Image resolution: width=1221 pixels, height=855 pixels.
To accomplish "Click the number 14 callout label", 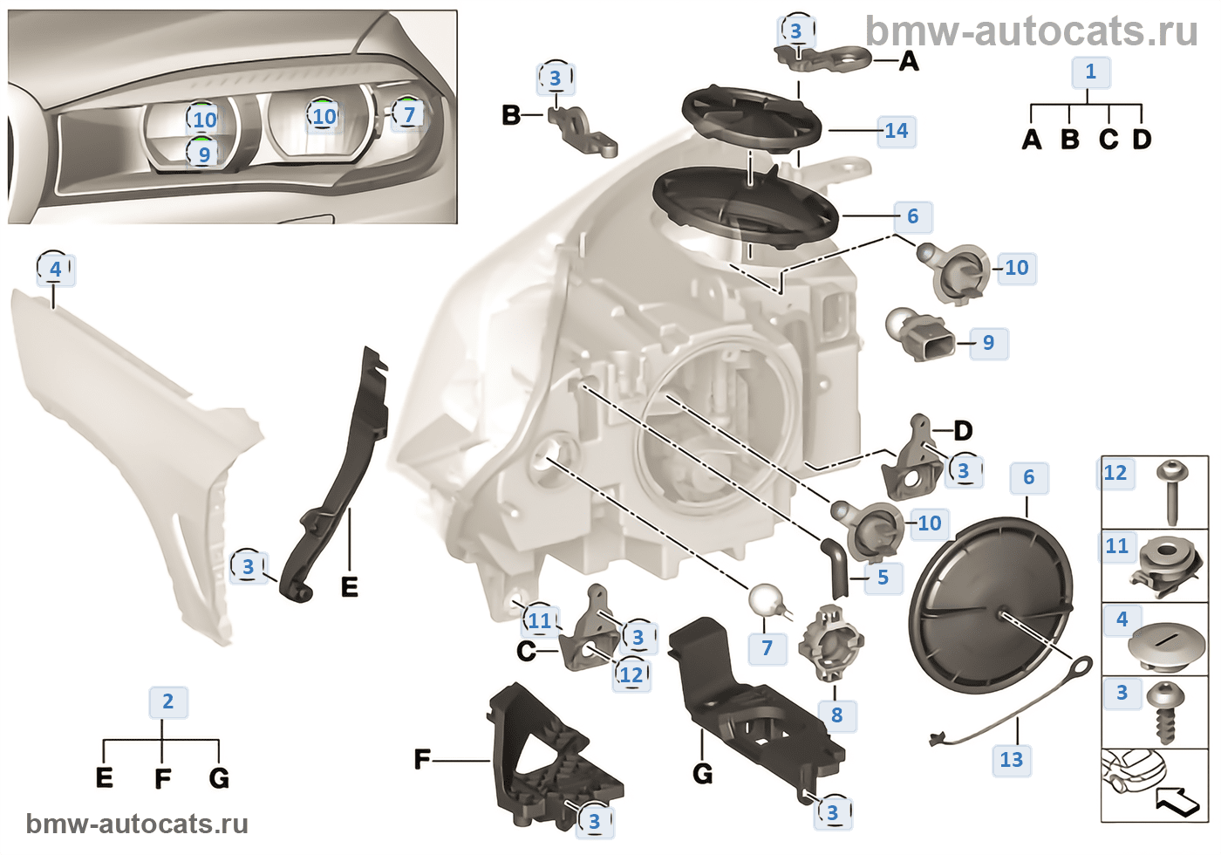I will pos(897,131).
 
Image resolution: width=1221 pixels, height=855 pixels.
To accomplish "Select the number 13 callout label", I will pos(1012,760).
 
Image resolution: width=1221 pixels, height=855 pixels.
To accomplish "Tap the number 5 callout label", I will pos(883,578).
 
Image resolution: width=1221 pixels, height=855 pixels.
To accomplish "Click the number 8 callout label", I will pos(837,715).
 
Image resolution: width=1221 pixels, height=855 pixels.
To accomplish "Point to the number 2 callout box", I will pos(168,701).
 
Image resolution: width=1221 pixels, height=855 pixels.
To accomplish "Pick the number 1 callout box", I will pos(1090,72).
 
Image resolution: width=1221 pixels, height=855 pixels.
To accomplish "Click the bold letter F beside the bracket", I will pos(422,761).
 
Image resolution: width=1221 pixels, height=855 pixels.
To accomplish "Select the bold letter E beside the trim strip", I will pos(349,587).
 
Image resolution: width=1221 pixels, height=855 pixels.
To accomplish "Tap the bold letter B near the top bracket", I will pos(511,114).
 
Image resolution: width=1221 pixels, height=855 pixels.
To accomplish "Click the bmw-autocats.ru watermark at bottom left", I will pos(137,824).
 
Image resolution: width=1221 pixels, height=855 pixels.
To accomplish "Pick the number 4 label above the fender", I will pos(56,269).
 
